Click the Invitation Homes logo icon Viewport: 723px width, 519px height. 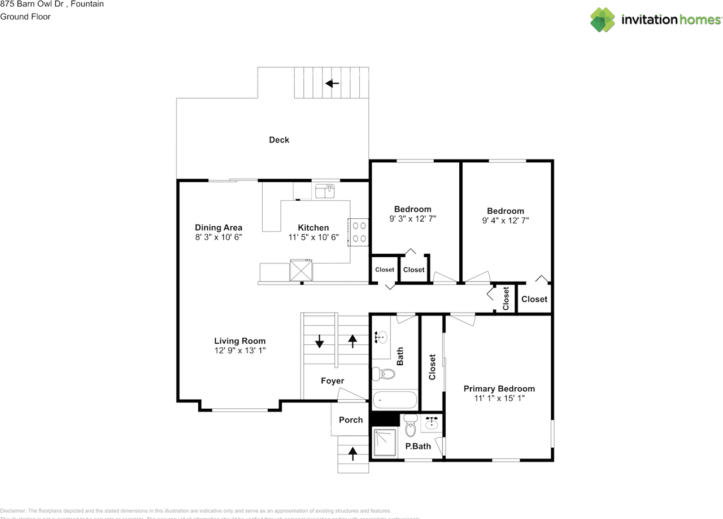(x=603, y=20)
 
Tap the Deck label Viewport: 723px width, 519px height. (x=279, y=140)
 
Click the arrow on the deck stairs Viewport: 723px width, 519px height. (x=332, y=84)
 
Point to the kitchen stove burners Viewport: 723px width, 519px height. (x=358, y=232)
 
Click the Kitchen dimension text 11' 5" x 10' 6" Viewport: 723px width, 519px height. (x=313, y=237)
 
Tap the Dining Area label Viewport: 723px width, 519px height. (x=219, y=228)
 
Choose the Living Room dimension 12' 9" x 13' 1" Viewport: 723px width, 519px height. (x=239, y=351)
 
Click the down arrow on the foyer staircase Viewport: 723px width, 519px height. (x=319, y=341)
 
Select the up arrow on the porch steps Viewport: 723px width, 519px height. (x=353, y=452)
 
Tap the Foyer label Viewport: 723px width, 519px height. (x=332, y=381)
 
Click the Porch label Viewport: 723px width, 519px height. (x=351, y=420)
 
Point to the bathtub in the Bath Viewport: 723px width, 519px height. (x=395, y=400)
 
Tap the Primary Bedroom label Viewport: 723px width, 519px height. (x=499, y=388)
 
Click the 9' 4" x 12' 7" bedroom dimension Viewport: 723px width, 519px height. (x=506, y=220)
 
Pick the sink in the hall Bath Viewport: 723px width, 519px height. (x=382, y=338)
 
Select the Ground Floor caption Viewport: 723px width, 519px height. (x=25, y=16)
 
